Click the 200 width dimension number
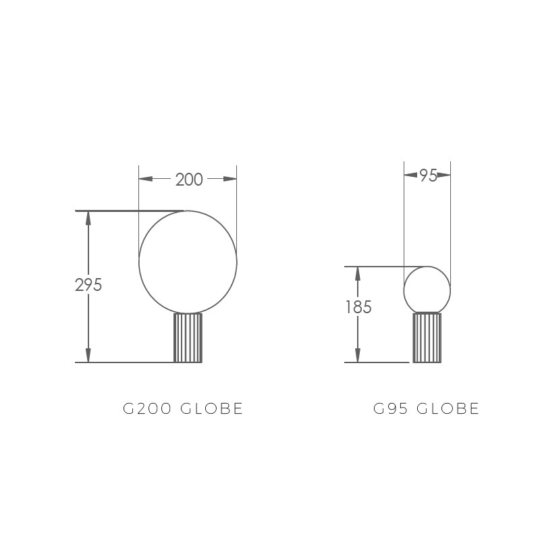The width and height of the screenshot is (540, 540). [x=189, y=180]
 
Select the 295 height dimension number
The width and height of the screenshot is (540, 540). [x=88, y=285]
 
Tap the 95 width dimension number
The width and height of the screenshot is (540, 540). [x=429, y=175]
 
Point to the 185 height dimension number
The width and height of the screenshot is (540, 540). [x=358, y=307]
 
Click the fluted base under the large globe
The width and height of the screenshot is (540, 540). [x=188, y=338]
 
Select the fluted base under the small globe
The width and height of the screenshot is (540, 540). [x=427, y=338]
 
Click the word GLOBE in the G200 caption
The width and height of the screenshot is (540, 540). [x=212, y=409]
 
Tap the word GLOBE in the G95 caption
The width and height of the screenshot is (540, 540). [x=448, y=409]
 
